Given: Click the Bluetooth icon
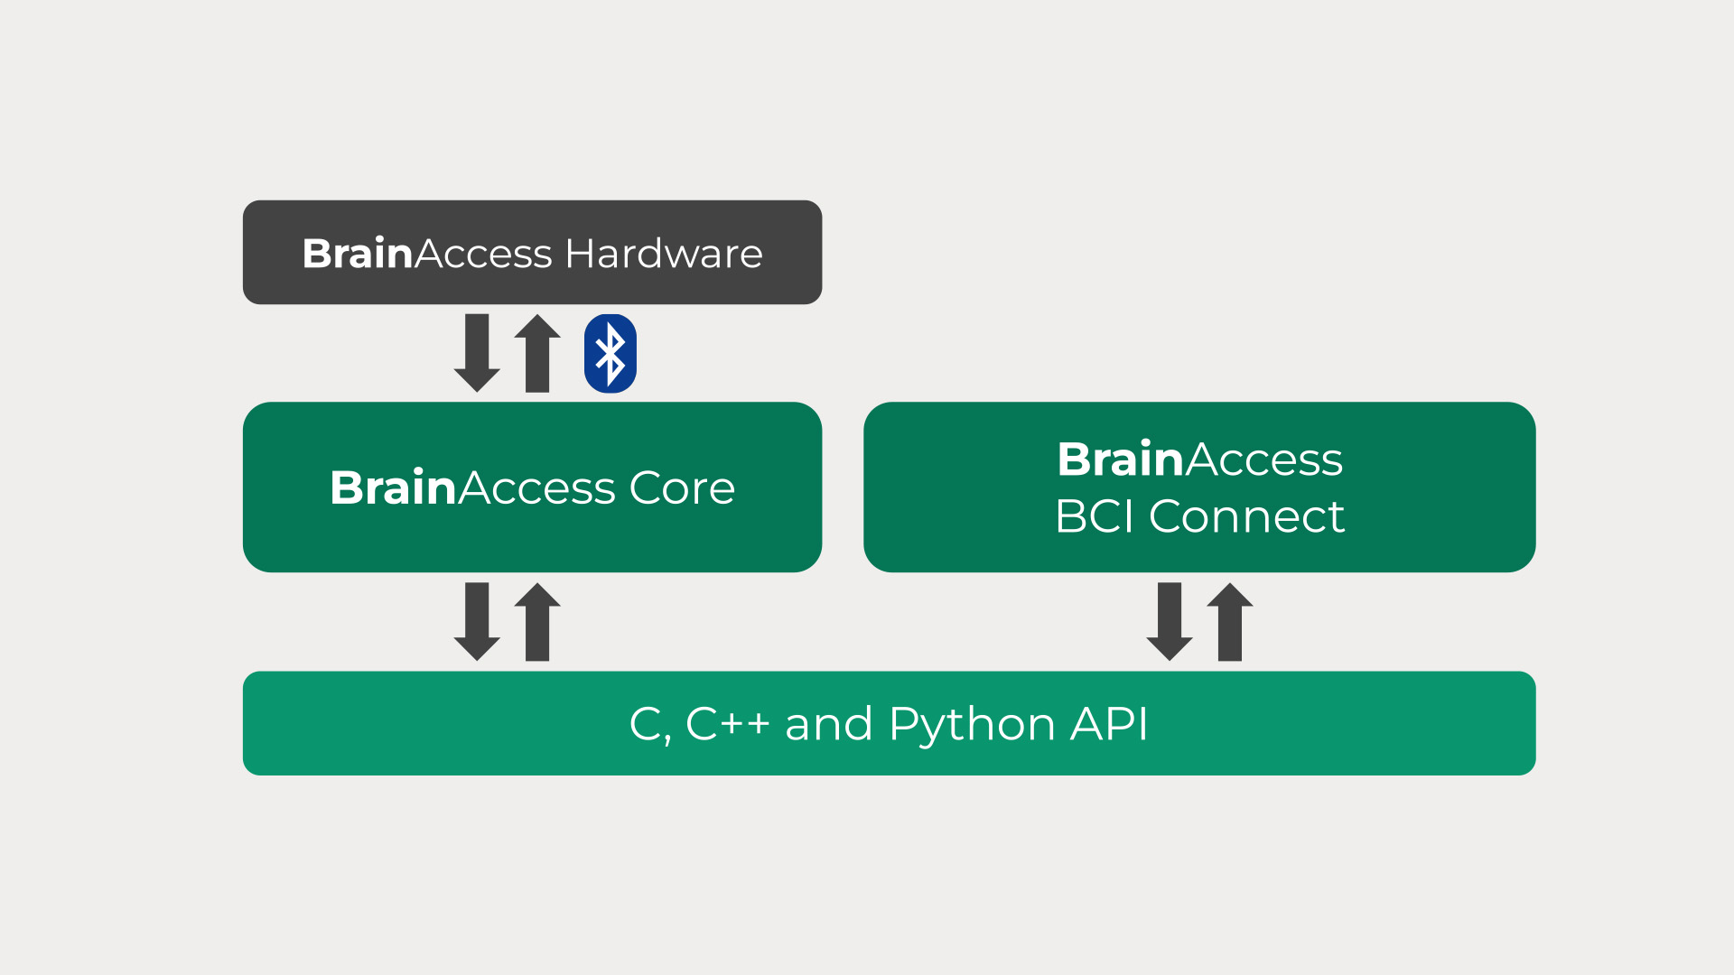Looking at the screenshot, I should [611, 353].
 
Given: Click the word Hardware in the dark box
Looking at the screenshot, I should [664, 254].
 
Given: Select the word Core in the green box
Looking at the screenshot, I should [682, 487].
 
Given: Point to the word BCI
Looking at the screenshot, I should [1094, 516].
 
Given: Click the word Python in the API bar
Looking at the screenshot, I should [972, 724].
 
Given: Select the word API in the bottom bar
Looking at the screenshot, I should [1109, 724].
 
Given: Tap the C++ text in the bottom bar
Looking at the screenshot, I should [727, 724].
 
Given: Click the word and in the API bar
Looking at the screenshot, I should [828, 724].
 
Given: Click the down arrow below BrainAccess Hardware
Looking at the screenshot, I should [477, 353].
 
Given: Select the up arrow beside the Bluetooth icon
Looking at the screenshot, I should [537, 353].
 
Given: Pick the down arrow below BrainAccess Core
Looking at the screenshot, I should [477, 622].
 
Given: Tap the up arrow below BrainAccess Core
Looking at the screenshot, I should [537, 622].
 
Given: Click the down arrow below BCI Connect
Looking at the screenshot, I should [1170, 622].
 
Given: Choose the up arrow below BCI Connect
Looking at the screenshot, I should [1230, 622].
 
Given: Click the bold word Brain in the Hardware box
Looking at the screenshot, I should [358, 254].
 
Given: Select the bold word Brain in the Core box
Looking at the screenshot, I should [393, 487].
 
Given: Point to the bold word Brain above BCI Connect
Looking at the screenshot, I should [1120, 460].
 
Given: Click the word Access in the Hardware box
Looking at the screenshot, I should [483, 254].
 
